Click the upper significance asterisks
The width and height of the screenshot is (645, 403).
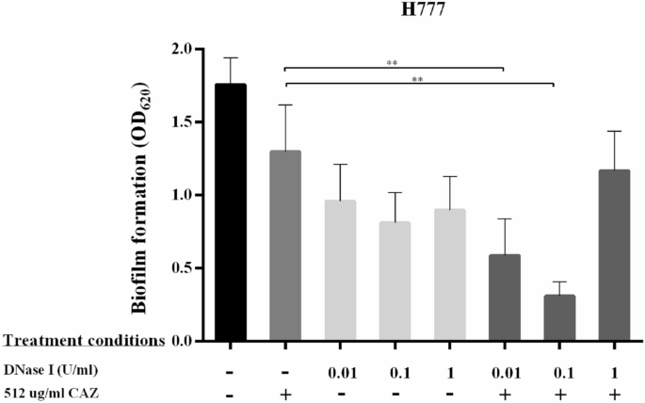point(393,63)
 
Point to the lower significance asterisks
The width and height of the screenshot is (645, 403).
point(417,80)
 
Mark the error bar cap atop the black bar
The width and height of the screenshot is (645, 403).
point(231,57)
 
